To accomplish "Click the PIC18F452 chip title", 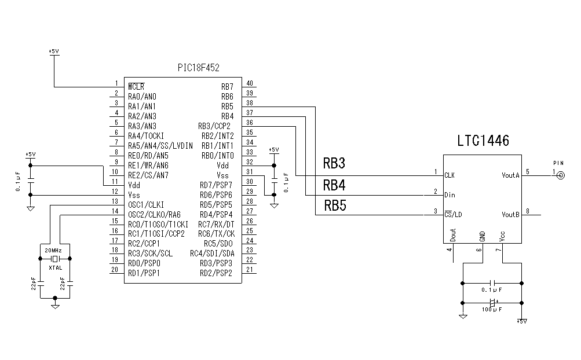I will coord(198,68).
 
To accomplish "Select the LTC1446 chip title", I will coord(483,141).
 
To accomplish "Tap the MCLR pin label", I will coord(136,86).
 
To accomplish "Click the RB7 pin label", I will coord(227,86).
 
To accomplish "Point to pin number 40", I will coord(249,83).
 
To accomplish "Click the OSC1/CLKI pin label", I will coord(146,204).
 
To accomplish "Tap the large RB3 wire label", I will coord(334,164).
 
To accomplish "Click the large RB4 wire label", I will coord(334,185).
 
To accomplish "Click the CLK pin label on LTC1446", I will coord(449,175).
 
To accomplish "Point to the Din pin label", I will coord(450,195).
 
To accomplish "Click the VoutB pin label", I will coord(510,215).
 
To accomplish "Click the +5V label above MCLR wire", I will coord(54,52).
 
